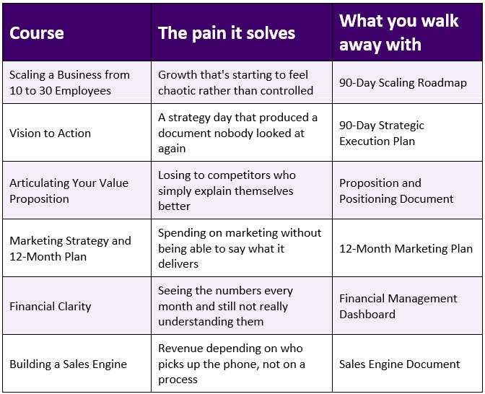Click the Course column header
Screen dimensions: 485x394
pyautogui.click(x=37, y=32)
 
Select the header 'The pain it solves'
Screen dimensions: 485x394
pyautogui.click(x=227, y=33)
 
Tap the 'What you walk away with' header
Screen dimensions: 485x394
pyautogui.click(x=398, y=32)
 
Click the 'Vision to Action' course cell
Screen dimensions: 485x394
pyautogui.click(x=50, y=133)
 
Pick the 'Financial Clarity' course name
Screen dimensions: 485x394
pyautogui.click(x=50, y=306)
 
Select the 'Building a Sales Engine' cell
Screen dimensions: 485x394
pyautogui.click(x=68, y=364)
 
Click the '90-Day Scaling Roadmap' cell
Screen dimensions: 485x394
pyautogui.click(x=403, y=82)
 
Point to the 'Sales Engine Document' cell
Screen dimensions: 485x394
pyautogui.click(x=400, y=364)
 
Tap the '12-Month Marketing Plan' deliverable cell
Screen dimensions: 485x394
pyautogui.click(x=406, y=249)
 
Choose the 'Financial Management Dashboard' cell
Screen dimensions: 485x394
pyautogui.click(x=398, y=306)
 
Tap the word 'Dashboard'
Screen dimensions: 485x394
pyautogui.click(x=367, y=314)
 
